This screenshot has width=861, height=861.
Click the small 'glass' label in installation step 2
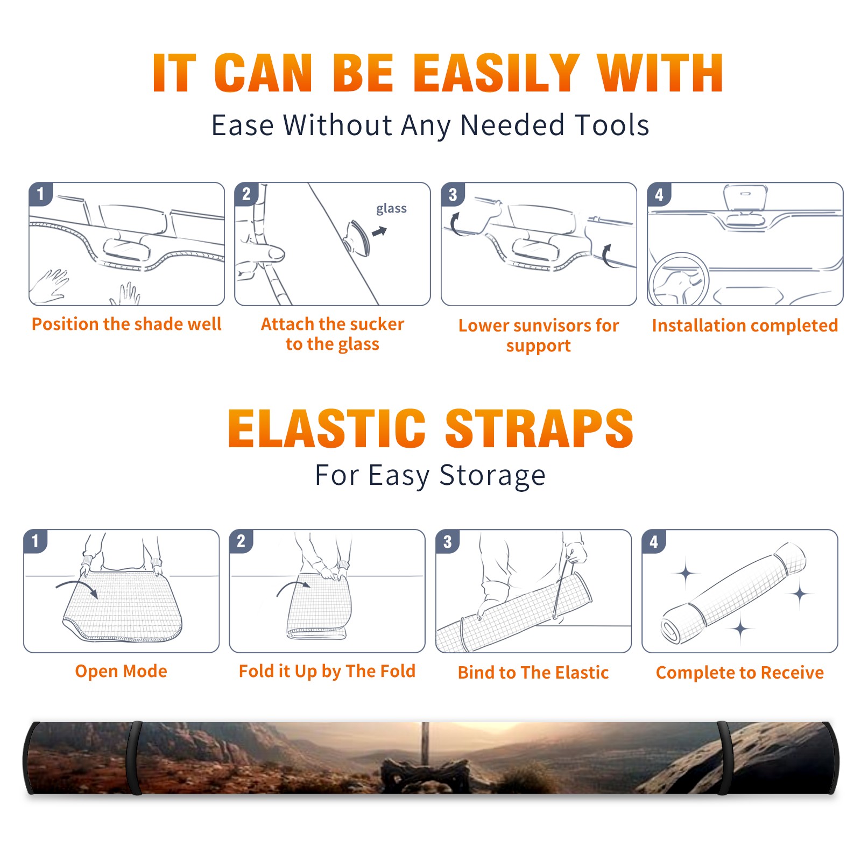[391, 209]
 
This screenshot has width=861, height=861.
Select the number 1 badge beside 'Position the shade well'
[41, 193]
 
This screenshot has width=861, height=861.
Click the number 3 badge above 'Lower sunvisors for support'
[453, 194]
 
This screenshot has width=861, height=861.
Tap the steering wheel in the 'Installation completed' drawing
[679, 279]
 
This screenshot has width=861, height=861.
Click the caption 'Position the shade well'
[126, 324]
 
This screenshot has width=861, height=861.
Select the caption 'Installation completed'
[745, 325]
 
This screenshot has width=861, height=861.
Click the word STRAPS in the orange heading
[539, 428]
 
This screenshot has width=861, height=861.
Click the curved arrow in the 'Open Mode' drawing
[77, 585]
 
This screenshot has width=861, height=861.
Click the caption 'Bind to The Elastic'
[533, 672]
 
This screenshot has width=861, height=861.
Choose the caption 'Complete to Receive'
[739, 672]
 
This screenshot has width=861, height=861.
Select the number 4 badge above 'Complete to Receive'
[654, 541]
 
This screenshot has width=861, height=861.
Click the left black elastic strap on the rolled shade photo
[134, 758]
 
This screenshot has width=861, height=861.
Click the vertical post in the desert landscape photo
[425, 743]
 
